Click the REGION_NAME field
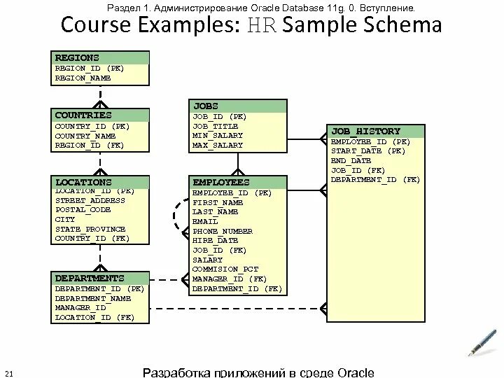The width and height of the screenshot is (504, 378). point(83,78)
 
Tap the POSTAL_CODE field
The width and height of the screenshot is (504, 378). point(83,209)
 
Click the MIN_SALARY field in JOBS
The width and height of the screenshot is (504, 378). point(218,136)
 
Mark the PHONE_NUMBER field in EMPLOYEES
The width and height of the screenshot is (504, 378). point(223,231)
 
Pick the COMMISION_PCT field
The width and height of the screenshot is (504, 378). point(225,269)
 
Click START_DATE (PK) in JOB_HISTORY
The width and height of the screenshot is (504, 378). point(368,150)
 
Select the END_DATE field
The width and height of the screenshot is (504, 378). point(351,160)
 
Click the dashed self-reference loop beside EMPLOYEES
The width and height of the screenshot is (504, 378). point(174,220)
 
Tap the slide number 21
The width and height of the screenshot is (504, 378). point(10,371)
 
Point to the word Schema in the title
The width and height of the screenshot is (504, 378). point(401,26)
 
